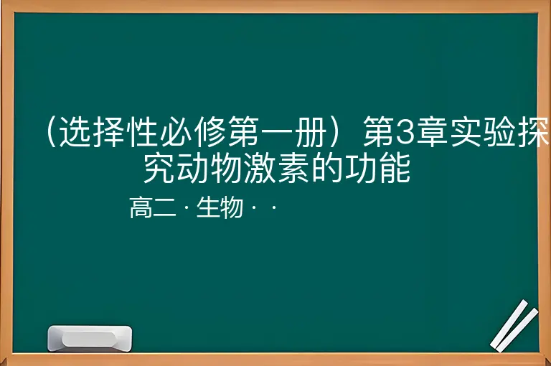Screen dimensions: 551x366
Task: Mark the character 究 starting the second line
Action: pyautogui.click(x=159, y=169)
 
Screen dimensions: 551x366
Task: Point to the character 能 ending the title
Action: pyautogui.click(x=395, y=169)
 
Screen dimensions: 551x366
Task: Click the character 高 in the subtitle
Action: pyautogui.click(x=141, y=208)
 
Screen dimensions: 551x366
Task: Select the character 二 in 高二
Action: pyautogui.click(x=164, y=208)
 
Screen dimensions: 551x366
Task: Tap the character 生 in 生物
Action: pyautogui.click(x=208, y=208)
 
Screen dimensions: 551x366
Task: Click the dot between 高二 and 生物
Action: pyautogui.click(x=186, y=208)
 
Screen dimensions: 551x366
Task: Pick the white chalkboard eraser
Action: pyautogui.click(x=90, y=339)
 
